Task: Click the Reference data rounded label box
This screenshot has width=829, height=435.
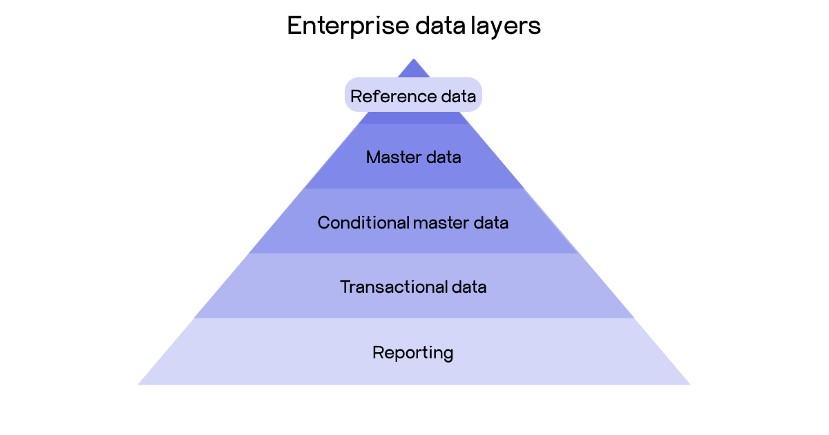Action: [413, 95]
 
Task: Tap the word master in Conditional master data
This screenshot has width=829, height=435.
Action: [441, 223]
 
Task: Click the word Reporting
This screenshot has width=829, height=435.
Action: [413, 353]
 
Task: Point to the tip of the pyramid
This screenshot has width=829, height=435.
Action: [413, 60]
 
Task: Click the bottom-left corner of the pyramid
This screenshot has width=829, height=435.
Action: [140, 384]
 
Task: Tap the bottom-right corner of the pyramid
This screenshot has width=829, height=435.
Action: [689, 384]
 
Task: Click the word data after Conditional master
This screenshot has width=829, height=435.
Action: [490, 223]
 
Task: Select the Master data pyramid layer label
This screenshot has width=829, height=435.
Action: [413, 157]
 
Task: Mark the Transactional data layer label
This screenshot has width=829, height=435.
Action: [413, 287]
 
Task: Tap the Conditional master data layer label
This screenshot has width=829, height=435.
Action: [413, 223]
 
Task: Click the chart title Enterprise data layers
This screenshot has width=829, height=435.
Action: [413, 26]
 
